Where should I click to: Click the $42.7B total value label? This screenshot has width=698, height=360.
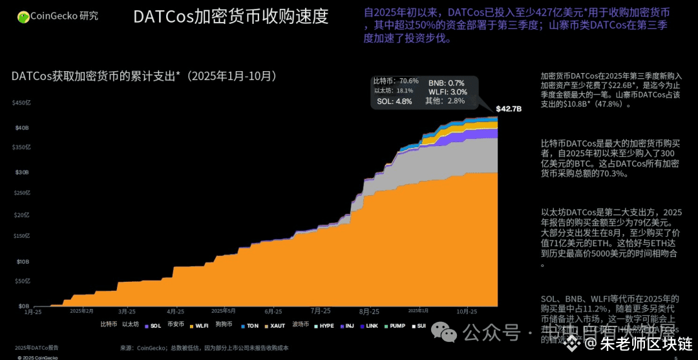coord(509,109)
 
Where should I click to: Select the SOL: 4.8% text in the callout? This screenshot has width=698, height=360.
coord(394,101)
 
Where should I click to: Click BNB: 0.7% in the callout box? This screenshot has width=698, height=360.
coord(446,83)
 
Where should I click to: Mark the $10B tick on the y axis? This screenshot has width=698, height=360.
coord(23,262)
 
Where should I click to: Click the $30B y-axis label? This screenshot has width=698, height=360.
coord(23,173)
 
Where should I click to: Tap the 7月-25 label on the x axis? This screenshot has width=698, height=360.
coord(320,312)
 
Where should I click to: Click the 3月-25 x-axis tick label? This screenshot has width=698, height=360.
coord(127,312)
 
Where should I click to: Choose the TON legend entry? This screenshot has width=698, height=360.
coord(252,326)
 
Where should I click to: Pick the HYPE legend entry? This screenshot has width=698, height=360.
coord(326,326)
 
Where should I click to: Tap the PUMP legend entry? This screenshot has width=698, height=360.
coord(397,326)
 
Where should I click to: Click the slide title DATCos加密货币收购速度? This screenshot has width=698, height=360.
coord(230,17)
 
